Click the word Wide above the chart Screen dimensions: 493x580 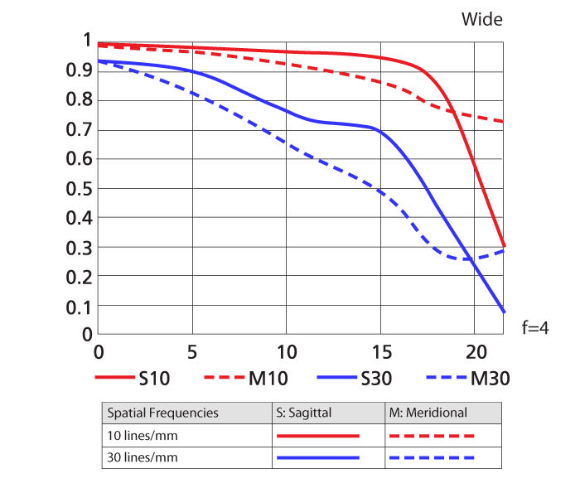coord(481,18)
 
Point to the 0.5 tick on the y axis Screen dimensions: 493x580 coord(80,188)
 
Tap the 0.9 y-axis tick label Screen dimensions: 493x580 coord(80,70)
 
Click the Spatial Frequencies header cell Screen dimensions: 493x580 coord(162,412)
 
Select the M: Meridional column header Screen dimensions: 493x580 coord(428,412)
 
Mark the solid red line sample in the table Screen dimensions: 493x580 coord(317,434)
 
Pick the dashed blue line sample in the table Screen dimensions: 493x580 coord(431,457)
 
